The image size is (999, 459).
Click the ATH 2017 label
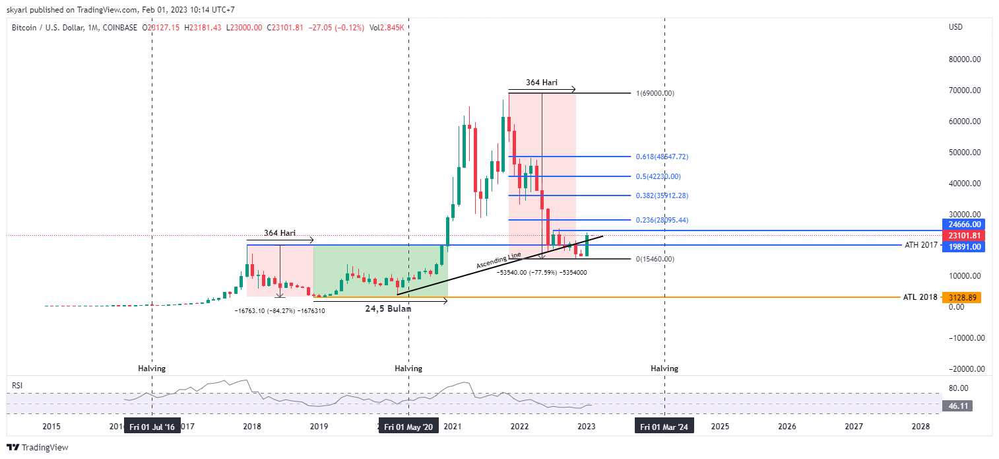[x=920, y=246]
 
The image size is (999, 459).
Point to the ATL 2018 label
[x=920, y=298]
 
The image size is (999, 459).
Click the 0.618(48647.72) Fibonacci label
[x=662, y=157]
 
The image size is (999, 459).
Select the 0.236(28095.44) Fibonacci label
[x=662, y=220]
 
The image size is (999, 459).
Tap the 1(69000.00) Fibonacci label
[x=655, y=94]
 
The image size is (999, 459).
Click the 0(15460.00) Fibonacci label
[x=655, y=259]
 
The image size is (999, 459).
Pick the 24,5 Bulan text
[x=389, y=308]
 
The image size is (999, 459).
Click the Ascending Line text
[x=499, y=260]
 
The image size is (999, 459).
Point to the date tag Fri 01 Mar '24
[x=664, y=427]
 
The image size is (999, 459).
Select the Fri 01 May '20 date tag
[x=408, y=427]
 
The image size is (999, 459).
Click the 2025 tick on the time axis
[x=720, y=427]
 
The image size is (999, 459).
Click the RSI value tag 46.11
[x=958, y=406]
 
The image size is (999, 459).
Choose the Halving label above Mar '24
[x=664, y=369]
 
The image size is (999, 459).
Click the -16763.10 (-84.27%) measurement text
[x=280, y=310]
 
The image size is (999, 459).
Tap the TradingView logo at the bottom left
[x=38, y=448]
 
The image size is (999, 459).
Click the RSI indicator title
[x=18, y=384]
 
